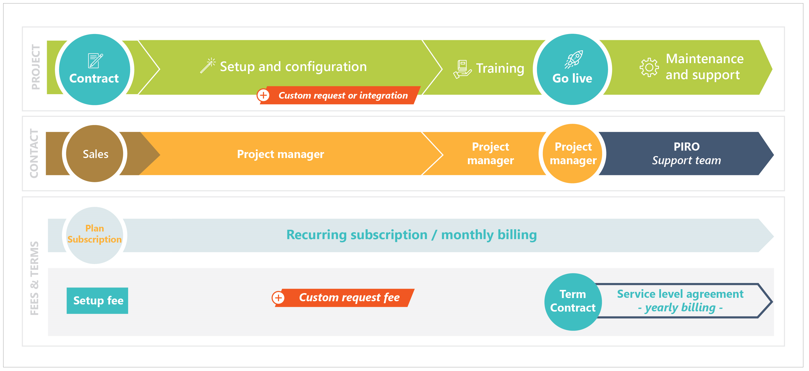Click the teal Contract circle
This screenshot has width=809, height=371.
pos(94,70)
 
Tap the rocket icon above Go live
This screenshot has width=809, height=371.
pos(574,59)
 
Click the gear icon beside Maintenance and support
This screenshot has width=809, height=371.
pos(649,67)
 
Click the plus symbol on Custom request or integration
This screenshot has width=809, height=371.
pos(263,95)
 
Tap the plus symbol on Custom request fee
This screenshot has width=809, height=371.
pos(278,298)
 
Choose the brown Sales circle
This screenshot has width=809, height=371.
pos(95,154)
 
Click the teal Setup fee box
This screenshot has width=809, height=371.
pos(97,300)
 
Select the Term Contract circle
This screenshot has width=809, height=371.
pos(573,301)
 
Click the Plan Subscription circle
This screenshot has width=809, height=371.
pos(94,234)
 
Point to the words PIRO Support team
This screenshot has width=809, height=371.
pos(686,153)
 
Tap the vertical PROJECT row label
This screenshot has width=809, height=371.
pos(36,67)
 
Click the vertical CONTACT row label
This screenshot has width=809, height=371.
pos(34,153)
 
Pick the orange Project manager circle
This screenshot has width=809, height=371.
pos(573,153)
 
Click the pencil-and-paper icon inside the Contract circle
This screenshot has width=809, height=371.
pos(95,60)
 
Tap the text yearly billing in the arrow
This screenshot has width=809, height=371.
pos(680,307)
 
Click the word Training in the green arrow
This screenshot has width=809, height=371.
pos(500,68)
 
